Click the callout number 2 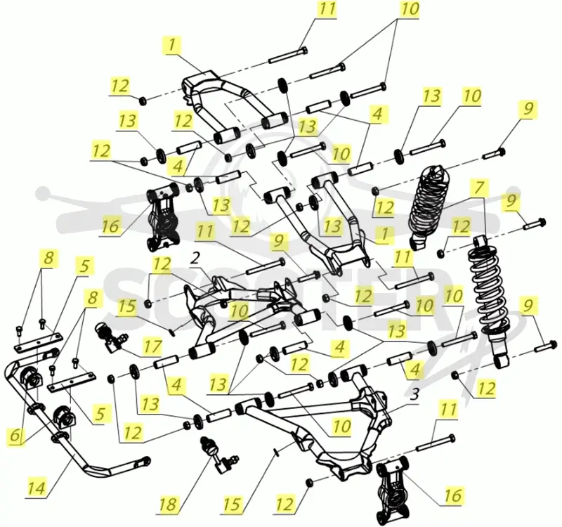(x=195, y=259)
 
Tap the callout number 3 (x=414, y=395)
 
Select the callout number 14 (x=37, y=488)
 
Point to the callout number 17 (x=153, y=347)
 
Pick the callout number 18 (x=169, y=505)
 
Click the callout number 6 (x=15, y=436)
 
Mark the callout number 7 (x=480, y=188)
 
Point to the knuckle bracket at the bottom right (x=393, y=489)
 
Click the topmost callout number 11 (x=327, y=8)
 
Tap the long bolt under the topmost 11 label (x=288, y=56)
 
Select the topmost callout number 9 (x=528, y=108)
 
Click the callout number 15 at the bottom (x=232, y=505)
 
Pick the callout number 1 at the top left (x=172, y=45)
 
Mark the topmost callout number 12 (x=120, y=86)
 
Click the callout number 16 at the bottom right (x=453, y=495)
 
